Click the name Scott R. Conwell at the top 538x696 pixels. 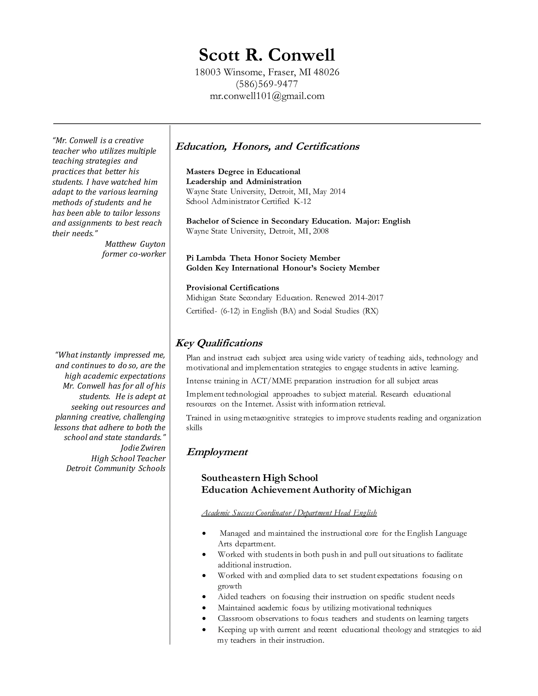[x=267, y=55]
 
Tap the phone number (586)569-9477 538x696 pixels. [x=267, y=84]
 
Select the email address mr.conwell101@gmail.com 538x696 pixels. [x=267, y=96]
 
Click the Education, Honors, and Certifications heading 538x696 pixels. [x=267, y=146]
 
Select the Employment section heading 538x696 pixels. [x=217, y=452]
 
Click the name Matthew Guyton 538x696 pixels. [x=135, y=244]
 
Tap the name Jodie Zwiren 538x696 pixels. [x=143, y=448]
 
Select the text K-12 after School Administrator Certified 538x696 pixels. [x=302, y=201]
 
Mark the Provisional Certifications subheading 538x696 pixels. [x=232, y=288]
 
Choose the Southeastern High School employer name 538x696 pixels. [x=260, y=478]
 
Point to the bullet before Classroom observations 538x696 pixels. [x=204, y=619]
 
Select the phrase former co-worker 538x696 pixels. [x=134, y=254]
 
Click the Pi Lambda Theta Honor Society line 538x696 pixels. [x=263, y=258]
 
